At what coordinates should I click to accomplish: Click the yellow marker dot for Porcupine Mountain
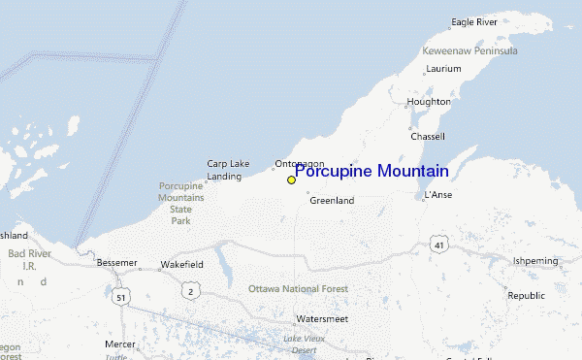(291, 180)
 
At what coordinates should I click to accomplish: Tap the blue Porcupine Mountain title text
(372, 172)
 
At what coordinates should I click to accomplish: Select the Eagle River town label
(474, 21)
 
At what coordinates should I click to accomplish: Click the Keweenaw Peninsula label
(469, 50)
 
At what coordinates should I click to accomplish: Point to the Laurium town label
(443, 70)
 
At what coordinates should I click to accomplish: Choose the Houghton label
(429, 101)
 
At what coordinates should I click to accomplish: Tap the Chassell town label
(428, 136)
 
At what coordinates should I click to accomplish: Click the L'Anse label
(438, 195)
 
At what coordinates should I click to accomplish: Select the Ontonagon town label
(300, 163)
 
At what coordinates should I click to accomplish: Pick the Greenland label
(332, 201)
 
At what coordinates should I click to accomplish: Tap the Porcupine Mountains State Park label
(181, 203)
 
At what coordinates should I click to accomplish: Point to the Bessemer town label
(117, 263)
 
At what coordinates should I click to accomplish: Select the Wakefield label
(181, 264)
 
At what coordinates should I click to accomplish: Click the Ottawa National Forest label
(298, 289)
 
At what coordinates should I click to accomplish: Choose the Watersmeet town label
(322, 318)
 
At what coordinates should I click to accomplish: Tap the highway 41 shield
(439, 245)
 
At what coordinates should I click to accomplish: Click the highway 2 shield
(190, 290)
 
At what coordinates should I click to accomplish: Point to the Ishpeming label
(535, 261)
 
